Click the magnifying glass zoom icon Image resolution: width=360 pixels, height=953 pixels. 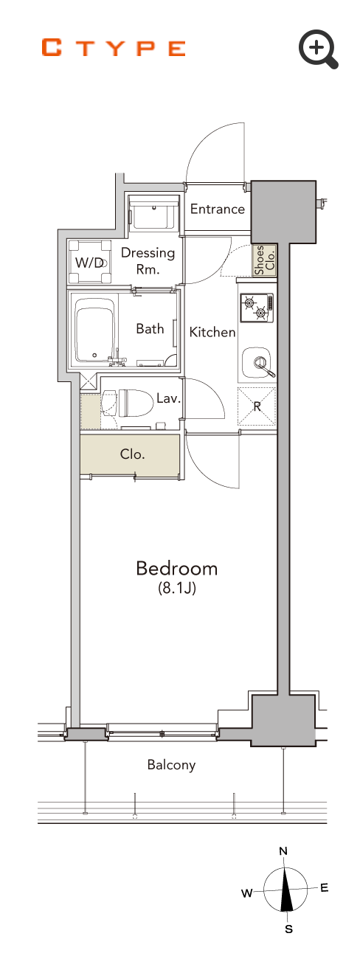tap(318, 49)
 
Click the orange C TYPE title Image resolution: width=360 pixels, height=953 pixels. tap(114, 48)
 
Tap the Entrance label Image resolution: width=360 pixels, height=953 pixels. tap(218, 209)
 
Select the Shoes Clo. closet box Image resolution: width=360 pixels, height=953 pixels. tap(264, 260)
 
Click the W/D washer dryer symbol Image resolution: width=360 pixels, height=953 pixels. tap(89, 262)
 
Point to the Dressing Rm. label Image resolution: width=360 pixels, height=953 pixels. tap(148, 260)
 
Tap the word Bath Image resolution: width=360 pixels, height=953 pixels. tap(150, 328)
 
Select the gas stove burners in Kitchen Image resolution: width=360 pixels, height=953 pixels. tap(257, 308)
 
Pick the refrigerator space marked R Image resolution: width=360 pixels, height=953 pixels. tap(257, 406)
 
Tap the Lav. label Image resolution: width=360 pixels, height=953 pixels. tap(168, 398)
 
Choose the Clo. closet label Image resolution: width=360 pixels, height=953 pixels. tap(132, 454)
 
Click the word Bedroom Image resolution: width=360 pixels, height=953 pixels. tap(176, 569)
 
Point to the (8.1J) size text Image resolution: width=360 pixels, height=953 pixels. tap(176, 589)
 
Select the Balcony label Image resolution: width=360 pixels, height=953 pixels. tap(171, 765)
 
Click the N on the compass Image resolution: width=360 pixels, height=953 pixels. tap(283, 851)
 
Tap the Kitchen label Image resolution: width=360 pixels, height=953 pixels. tap(212, 332)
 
